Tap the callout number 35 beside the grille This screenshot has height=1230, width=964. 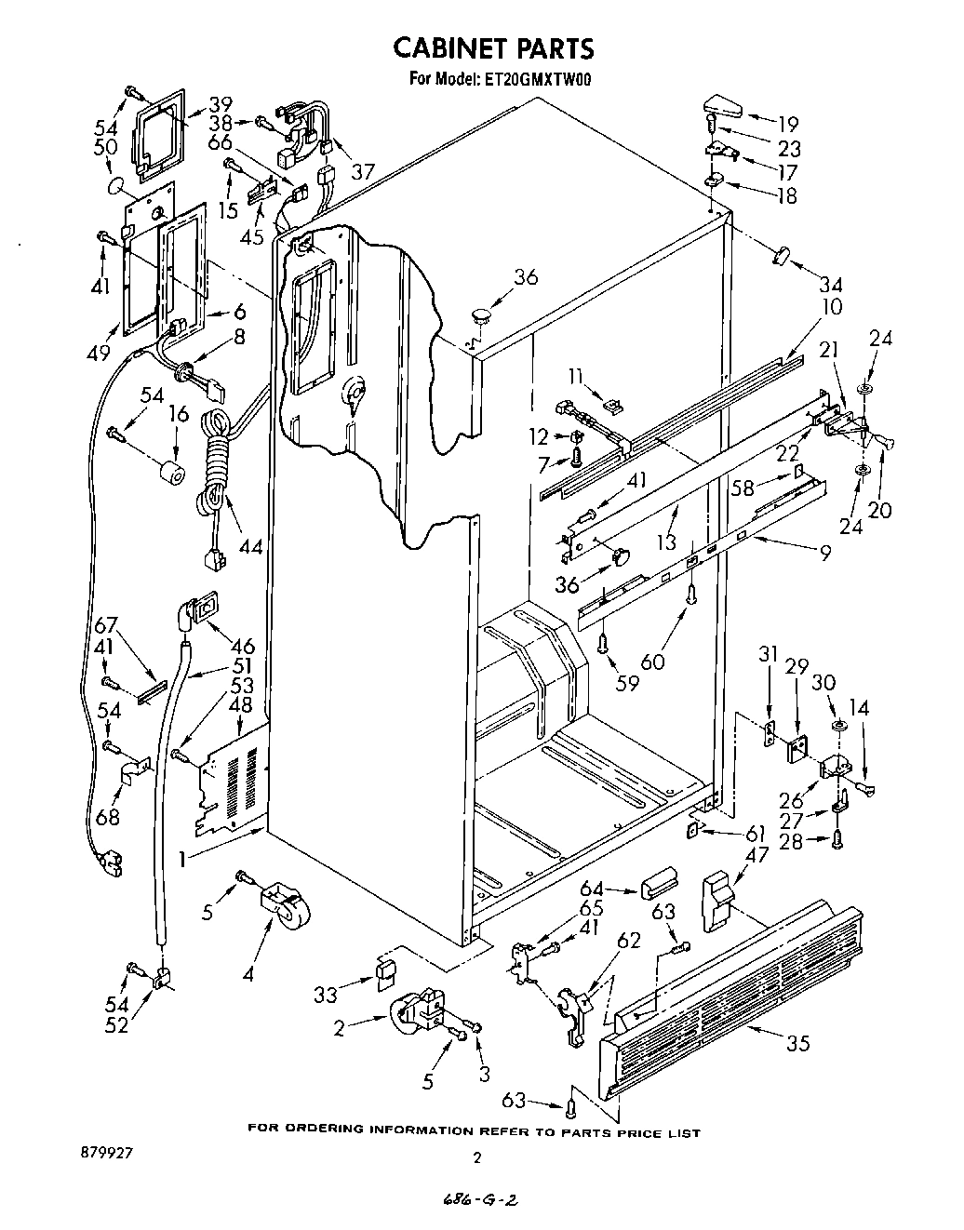tap(797, 1043)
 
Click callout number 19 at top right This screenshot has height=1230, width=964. tap(788, 122)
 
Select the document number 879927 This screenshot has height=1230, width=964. tap(107, 1151)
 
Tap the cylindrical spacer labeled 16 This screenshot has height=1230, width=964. tap(170, 472)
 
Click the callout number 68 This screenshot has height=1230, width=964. tap(108, 818)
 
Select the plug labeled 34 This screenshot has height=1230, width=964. tap(779, 255)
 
